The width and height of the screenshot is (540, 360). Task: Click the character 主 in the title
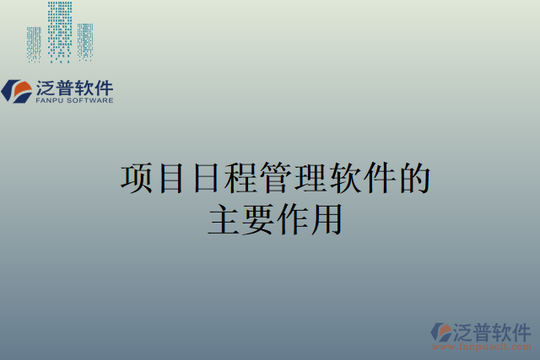click(x=224, y=219)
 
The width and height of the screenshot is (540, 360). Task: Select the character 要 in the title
click(x=258, y=219)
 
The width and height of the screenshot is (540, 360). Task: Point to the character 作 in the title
click(x=293, y=219)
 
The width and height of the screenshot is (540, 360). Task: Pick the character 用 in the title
click(x=327, y=219)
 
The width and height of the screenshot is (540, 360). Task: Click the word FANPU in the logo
click(x=50, y=100)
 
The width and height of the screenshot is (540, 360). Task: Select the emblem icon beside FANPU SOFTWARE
click(x=17, y=90)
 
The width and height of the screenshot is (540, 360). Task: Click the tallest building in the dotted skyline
click(x=60, y=30)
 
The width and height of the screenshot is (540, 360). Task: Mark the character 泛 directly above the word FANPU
click(x=47, y=87)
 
